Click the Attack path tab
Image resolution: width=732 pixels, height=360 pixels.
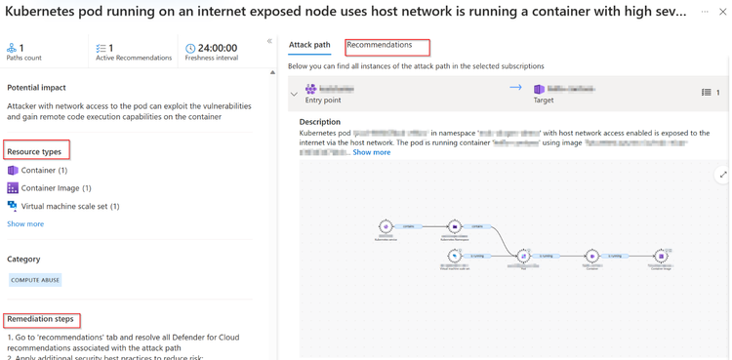309,45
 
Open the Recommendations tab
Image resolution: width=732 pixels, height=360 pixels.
380,45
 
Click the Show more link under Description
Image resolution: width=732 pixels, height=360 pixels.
371,152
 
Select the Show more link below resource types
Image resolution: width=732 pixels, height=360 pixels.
25,224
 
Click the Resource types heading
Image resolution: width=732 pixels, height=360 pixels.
35,151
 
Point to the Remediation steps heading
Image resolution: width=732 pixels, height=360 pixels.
40,319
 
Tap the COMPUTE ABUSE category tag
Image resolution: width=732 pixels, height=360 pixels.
35,280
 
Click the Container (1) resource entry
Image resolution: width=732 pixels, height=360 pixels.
44,170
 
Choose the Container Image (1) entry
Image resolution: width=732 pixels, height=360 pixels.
56,188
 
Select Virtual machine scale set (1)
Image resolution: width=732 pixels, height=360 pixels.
70,206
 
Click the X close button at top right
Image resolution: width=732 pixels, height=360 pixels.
722,12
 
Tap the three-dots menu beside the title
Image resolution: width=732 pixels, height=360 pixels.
705,12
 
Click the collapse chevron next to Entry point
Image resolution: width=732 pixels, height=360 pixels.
294,95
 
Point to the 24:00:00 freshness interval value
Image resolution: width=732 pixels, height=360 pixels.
217,48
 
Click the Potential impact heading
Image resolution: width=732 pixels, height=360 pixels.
36,88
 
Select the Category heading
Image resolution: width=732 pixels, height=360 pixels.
23,260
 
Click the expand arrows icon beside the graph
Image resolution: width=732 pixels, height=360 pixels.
722,175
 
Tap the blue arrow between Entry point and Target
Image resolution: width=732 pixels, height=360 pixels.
515,88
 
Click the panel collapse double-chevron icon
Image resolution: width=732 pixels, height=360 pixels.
269,41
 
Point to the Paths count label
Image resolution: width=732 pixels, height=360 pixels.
24,58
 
